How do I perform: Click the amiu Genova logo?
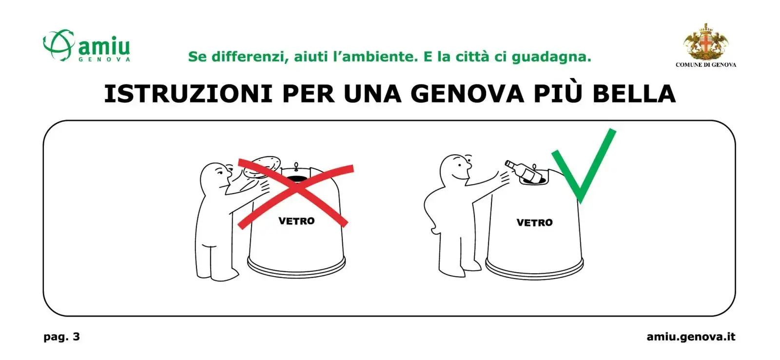tap(86, 46)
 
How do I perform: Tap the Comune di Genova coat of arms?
tap(706, 42)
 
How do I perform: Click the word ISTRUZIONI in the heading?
tap(188, 94)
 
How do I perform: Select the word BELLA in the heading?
tap(634, 94)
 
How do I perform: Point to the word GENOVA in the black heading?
tap(468, 94)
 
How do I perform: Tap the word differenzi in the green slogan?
tap(250, 57)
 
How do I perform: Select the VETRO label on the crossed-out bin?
tap(296, 220)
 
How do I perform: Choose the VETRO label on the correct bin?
tap(534, 222)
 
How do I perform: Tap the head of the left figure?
tap(215, 177)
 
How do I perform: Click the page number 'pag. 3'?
tap(61, 337)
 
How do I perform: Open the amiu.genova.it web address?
tap(691, 337)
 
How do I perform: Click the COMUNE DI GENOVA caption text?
tap(706, 65)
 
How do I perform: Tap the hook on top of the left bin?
tap(296, 166)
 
